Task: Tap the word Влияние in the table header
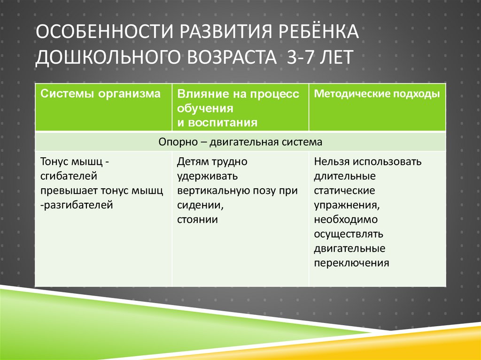coord(197,94)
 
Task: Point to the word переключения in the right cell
coord(351,263)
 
